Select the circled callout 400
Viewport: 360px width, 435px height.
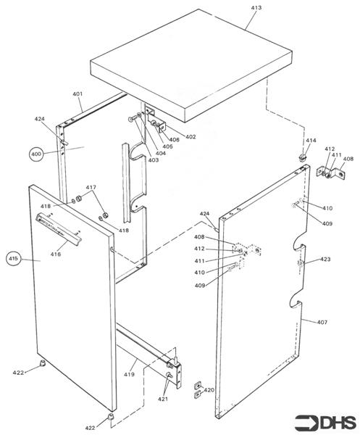37,154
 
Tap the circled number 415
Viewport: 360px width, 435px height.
14,257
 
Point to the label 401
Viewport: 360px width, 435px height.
78,94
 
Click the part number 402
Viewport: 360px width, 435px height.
191,136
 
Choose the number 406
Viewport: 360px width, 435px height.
175,139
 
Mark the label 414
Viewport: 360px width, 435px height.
310,141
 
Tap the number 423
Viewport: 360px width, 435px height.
325,258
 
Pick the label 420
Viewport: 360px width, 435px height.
209,390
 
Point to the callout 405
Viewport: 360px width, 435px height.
167,146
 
